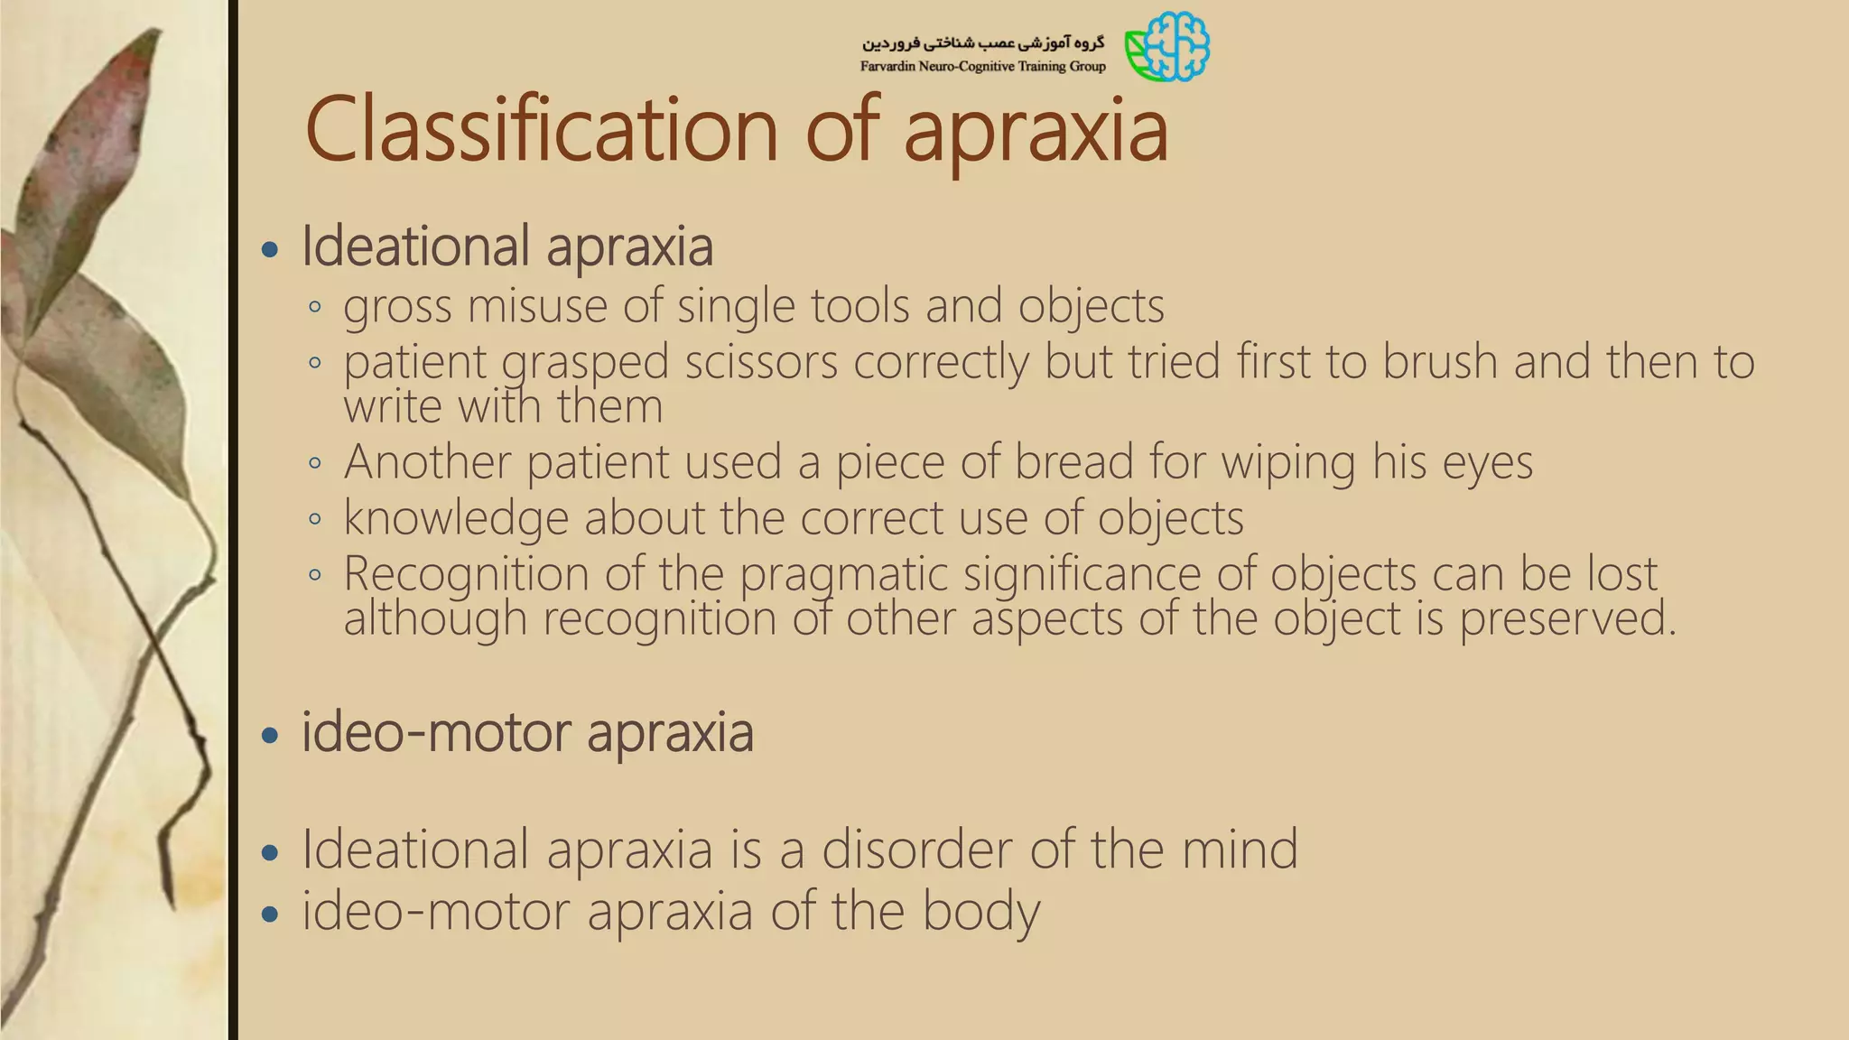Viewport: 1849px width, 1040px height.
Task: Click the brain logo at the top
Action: pos(1167,46)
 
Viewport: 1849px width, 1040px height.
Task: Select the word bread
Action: pos(1073,461)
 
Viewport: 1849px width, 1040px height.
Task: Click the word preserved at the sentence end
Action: pos(1566,618)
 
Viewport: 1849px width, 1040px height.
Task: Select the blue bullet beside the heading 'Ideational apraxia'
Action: pos(269,249)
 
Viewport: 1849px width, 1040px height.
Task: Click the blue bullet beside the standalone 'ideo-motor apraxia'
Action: pos(269,735)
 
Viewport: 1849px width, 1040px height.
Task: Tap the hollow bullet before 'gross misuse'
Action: pos(314,307)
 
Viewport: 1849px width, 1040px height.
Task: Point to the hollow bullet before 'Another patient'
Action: pos(314,463)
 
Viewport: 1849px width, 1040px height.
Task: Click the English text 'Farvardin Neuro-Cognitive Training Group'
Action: pos(982,67)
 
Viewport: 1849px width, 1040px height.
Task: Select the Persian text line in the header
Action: pos(982,42)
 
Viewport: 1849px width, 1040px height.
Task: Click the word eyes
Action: pos(1487,461)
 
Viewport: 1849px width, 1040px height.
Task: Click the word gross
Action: pos(396,307)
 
